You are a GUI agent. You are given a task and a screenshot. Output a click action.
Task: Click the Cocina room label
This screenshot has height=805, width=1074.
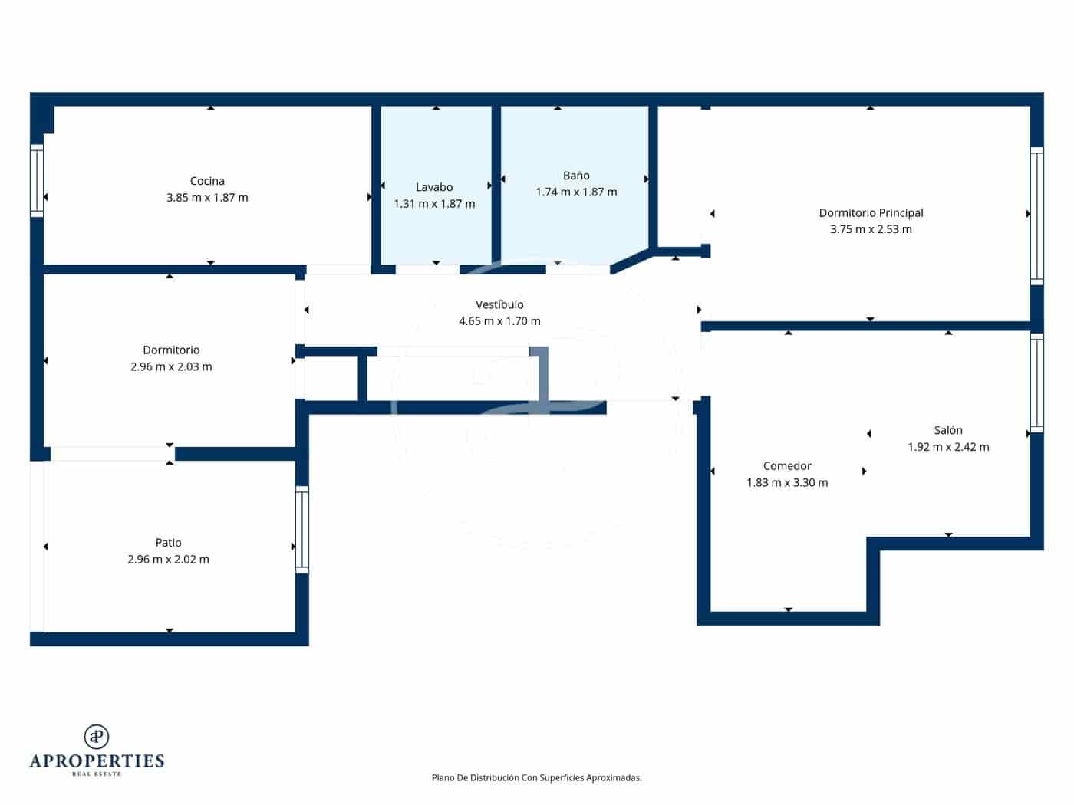pyautogui.click(x=207, y=181)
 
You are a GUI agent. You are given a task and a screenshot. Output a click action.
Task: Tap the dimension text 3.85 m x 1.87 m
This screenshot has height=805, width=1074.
pyautogui.click(x=207, y=198)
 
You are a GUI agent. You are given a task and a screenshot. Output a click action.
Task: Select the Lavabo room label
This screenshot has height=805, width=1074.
pyautogui.click(x=434, y=187)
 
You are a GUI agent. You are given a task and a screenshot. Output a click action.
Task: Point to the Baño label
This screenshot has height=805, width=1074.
pyautogui.click(x=576, y=176)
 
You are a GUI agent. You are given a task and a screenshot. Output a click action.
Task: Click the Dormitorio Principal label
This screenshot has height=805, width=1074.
pyautogui.click(x=871, y=213)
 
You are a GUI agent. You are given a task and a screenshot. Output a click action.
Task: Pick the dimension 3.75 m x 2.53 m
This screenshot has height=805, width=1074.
pyautogui.click(x=871, y=229)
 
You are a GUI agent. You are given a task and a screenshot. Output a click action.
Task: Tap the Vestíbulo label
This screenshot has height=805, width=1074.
pyautogui.click(x=499, y=305)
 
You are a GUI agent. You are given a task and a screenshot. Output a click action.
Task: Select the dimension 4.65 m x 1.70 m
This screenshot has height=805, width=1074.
pyautogui.click(x=499, y=321)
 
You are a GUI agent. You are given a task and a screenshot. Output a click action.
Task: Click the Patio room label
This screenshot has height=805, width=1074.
pyautogui.click(x=168, y=543)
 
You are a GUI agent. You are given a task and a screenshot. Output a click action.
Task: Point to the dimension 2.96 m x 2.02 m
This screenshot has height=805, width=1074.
pyautogui.click(x=168, y=560)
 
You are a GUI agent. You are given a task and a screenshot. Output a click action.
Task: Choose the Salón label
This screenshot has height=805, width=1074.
pyautogui.click(x=948, y=431)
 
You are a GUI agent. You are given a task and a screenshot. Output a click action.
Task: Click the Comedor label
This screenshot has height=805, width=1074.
pyautogui.click(x=787, y=466)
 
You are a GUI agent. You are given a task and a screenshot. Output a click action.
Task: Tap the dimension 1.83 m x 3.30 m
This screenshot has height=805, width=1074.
pyautogui.click(x=787, y=483)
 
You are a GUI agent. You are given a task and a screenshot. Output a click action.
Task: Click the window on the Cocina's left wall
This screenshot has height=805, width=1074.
pyautogui.click(x=37, y=181)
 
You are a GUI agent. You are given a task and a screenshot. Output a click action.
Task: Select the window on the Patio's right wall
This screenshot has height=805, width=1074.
pyautogui.click(x=302, y=530)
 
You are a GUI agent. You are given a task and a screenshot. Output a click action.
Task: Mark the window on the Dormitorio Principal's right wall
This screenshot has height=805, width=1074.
pyautogui.click(x=1036, y=215)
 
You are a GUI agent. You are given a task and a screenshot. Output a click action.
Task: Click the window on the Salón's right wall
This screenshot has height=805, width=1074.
pyautogui.click(x=1036, y=383)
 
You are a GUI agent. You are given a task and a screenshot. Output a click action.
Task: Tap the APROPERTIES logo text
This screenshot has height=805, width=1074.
pyautogui.click(x=97, y=761)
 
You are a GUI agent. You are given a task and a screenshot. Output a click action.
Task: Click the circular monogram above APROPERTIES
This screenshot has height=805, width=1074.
pyautogui.click(x=97, y=737)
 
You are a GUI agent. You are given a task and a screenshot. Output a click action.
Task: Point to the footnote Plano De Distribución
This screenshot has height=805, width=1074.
pyautogui.click(x=536, y=777)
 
